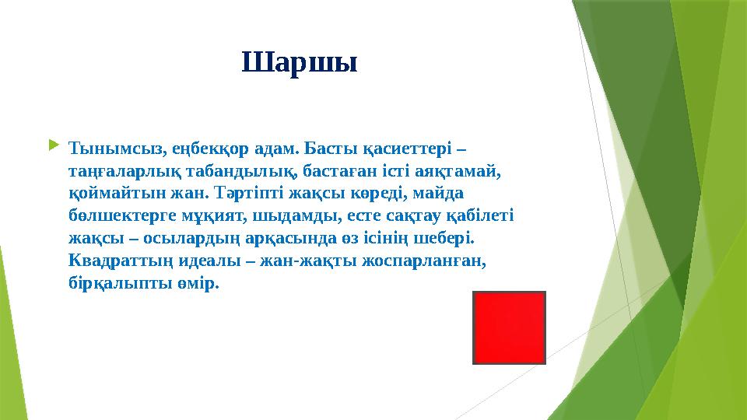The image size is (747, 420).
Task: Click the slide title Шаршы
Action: pos(300,62)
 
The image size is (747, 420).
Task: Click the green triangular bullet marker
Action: pos(53,145)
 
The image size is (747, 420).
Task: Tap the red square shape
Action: pos(509,327)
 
